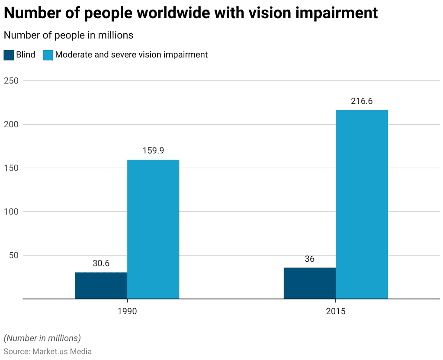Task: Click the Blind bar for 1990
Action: click(x=101, y=286)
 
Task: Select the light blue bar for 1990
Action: click(x=153, y=229)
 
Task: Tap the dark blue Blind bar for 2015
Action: click(x=309, y=283)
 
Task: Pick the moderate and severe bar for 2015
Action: click(x=362, y=204)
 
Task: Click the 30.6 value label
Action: click(x=101, y=264)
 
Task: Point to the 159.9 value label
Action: click(x=153, y=151)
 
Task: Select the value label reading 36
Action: click(x=309, y=259)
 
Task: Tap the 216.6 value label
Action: click(x=362, y=101)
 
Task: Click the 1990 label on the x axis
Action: click(x=127, y=312)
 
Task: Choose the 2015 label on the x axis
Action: click(x=336, y=312)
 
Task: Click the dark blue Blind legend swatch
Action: click(x=9, y=55)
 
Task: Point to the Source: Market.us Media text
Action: click(x=48, y=351)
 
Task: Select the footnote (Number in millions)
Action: click(x=42, y=338)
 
